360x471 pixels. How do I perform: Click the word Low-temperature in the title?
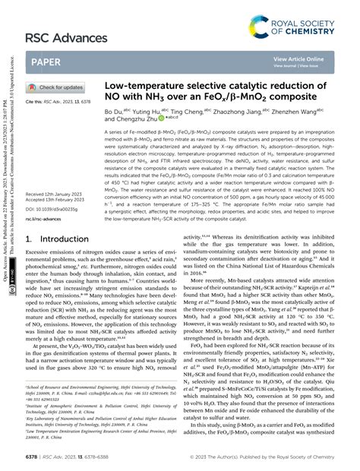pyautogui.click(x=144, y=87)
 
